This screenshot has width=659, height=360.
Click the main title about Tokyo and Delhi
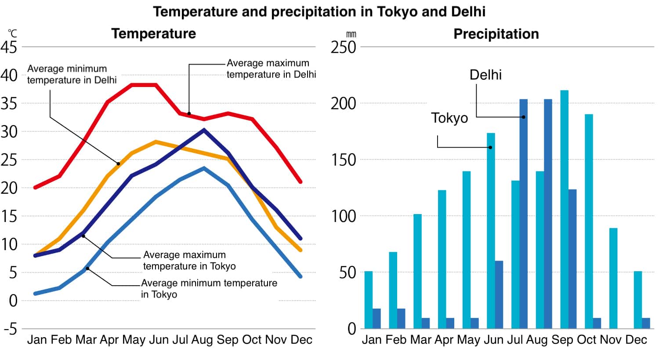point(319,11)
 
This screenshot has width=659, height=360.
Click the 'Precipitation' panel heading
point(496,34)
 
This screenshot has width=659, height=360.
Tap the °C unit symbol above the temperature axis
point(12,33)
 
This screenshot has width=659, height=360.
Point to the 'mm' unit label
point(351,34)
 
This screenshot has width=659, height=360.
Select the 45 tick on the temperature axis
point(9,47)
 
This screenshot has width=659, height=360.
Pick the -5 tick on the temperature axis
point(9,329)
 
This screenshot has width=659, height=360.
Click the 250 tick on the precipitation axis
point(343,47)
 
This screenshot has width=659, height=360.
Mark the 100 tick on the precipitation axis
point(343,216)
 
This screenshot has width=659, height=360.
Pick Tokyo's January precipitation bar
point(368,300)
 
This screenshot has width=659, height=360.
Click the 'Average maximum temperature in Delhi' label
point(271,69)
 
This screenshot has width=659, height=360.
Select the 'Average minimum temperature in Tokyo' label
point(209,288)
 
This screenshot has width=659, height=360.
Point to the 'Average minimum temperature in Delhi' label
point(72,74)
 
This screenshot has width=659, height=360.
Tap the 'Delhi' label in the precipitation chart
point(485,75)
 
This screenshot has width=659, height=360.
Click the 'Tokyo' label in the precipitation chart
point(449,118)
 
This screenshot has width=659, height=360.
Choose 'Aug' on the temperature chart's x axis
point(202,340)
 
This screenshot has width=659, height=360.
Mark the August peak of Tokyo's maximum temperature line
point(204,130)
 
